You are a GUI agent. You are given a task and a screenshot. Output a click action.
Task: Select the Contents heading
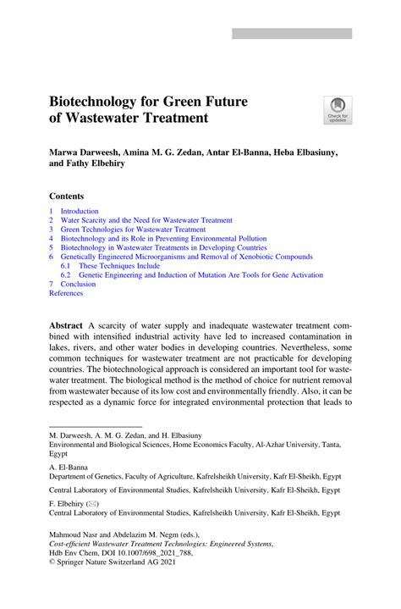click(67, 195)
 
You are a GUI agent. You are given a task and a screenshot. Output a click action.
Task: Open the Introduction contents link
click(80, 211)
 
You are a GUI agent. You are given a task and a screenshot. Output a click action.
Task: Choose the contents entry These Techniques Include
click(118, 266)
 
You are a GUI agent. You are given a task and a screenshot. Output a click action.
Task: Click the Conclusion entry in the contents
click(78, 285)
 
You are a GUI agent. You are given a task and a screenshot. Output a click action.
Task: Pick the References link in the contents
click(66, 293)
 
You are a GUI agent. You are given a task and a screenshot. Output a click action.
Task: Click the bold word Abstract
click(66, 326)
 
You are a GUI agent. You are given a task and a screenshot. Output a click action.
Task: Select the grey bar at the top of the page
click(292, 34)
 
